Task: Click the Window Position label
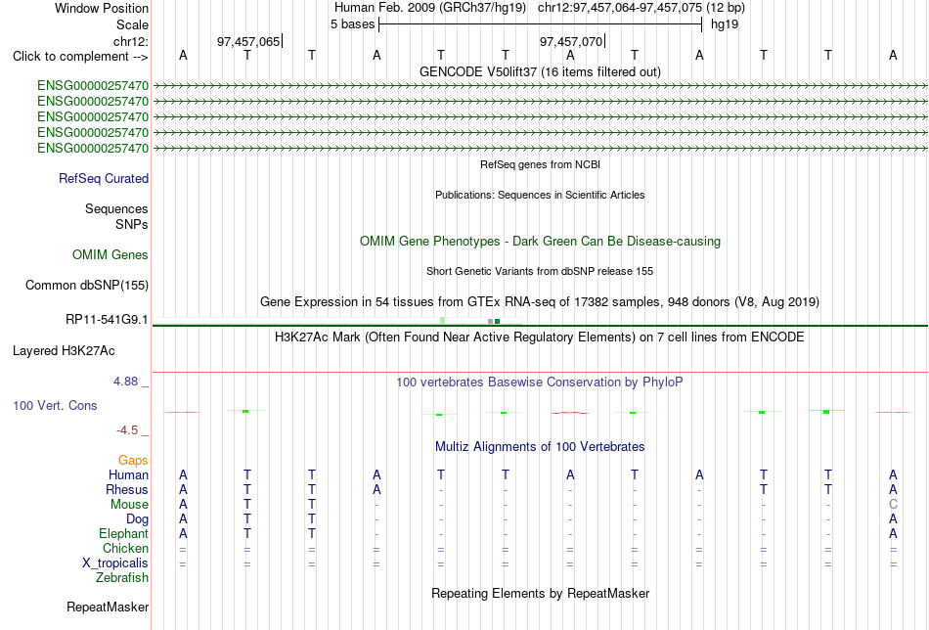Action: point(102,8)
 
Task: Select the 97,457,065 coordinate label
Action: point(248,41)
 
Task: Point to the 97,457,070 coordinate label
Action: point(570,41)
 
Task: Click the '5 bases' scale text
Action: point(352,24)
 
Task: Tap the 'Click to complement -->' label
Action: point(80,57)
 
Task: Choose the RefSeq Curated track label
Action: point(104,178)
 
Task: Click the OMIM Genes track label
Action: point(111,255)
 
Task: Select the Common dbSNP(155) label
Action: point(87,285)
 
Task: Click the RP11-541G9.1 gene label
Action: point(107,320)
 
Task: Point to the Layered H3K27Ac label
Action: point(64,351)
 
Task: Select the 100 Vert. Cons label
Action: point(55,405)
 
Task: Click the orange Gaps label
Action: point(133,461)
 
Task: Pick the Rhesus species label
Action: point(127,489)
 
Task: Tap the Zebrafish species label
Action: point(122,577)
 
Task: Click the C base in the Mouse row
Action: point(893,505)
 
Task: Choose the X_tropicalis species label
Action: point(115,563)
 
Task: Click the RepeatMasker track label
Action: point(108,607)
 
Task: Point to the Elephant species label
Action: point(123,533)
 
